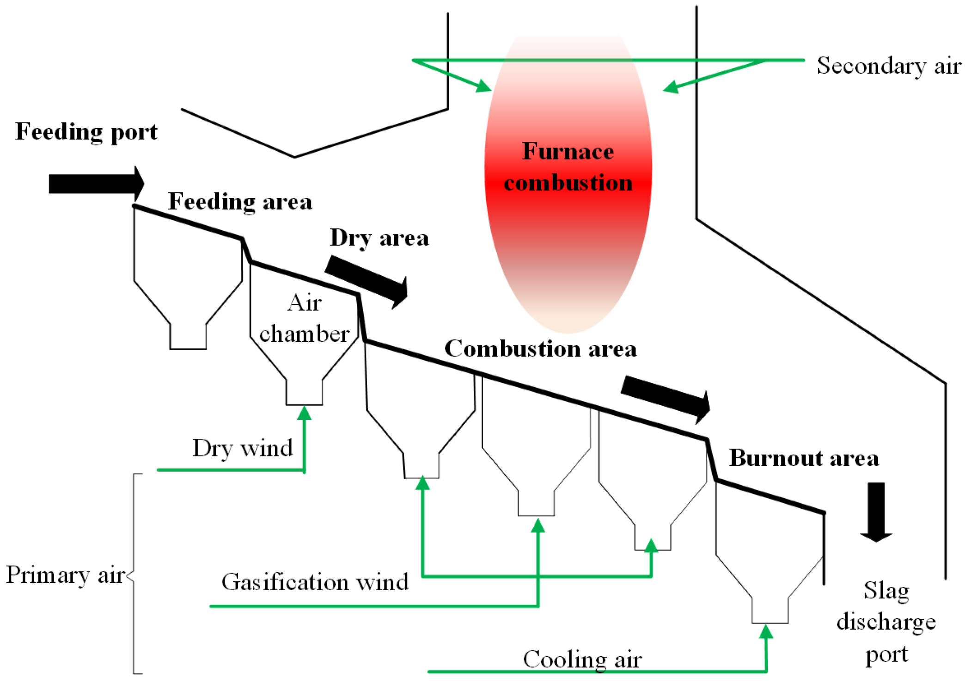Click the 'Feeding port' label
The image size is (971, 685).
click(86, 132)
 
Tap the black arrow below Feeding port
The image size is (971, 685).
click(96, 184)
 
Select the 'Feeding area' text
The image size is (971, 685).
click(240, 202)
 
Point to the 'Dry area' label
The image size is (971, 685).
click(379, 238)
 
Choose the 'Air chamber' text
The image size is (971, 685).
click(304, 318)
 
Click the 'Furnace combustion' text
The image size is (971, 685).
click(568, 167)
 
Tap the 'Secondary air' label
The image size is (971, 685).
click(889, 66)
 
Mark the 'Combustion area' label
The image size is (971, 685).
click(540, 349)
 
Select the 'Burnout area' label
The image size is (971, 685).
click(804, 458)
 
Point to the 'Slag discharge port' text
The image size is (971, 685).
click(886, 622)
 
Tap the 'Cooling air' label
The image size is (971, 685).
click(582, 659)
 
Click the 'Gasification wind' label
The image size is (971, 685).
click(315, 582)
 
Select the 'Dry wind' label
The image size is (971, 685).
click(243, 448)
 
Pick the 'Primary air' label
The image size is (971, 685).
click(65, 575)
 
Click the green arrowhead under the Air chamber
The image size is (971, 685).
click(304, 413)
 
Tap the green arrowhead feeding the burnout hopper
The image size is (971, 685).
click(766, 631)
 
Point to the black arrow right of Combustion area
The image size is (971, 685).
click(666, 398)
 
